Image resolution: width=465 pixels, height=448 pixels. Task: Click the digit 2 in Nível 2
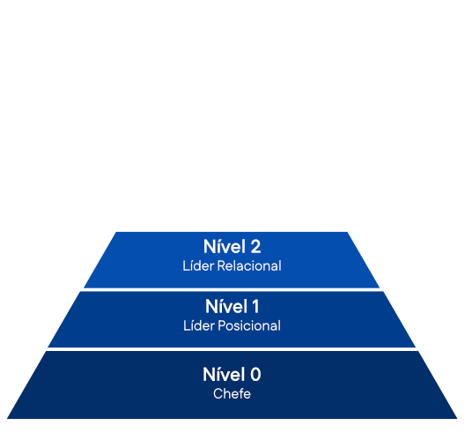(255, 247)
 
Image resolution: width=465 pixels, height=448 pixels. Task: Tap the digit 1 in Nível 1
(255, 307)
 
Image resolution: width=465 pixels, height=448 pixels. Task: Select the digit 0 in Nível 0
(255, 375)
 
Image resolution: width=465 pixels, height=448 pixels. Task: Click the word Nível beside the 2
(225, 246)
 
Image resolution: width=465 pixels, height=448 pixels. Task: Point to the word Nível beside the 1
(226, 306)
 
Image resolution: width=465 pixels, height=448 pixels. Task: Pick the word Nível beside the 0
(225, 374)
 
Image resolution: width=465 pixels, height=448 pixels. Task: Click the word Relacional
(249, 266)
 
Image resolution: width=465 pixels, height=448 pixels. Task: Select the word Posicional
(249, 325)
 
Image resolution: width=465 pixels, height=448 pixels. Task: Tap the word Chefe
(232, 394)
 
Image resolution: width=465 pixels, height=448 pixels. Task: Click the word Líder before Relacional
(198, 265)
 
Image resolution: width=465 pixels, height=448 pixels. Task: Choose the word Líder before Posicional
(199, 325)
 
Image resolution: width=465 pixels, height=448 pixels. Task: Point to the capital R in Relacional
(221, 266)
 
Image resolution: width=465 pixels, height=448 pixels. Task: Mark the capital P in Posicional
(222, 325)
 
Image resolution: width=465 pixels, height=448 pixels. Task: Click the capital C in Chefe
(218, 394)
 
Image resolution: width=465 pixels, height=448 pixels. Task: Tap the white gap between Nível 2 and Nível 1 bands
(232, 289)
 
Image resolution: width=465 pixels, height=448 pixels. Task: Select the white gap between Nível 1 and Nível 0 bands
(232, 349)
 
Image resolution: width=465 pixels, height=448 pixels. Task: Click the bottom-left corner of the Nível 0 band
(7, 419)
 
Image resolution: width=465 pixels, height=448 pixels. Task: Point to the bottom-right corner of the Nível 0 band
(457, 419)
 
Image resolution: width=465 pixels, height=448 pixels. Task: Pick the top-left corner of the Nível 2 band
(115, 232)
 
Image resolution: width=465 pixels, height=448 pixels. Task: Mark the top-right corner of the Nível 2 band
(347, 232)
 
